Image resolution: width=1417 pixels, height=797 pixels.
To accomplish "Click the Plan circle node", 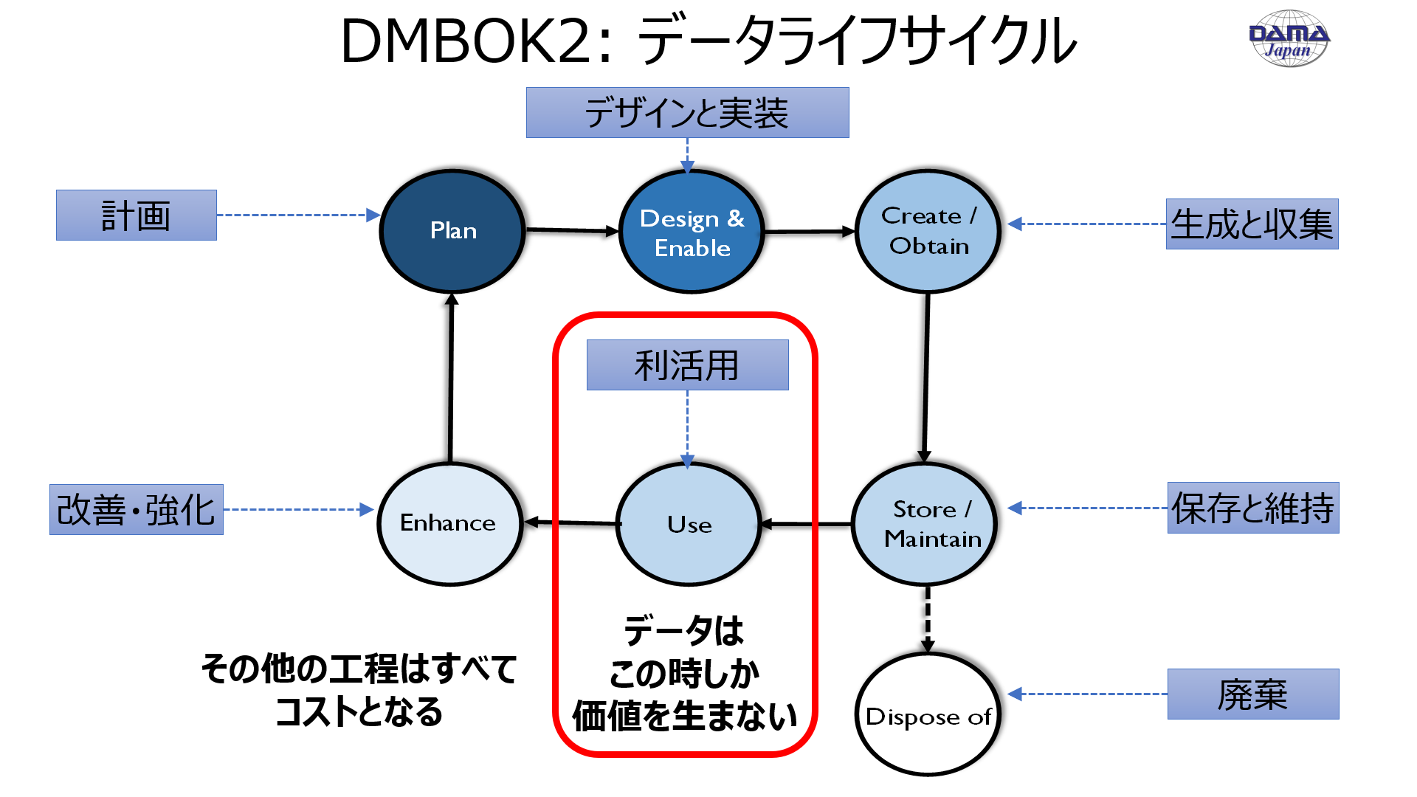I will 452,231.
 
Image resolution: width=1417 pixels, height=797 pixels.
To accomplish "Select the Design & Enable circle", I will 692,232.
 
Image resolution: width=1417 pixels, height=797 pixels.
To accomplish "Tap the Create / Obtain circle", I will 928,231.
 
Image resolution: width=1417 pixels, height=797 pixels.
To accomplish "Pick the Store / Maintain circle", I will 925,524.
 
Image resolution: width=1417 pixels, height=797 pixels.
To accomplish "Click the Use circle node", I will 689,524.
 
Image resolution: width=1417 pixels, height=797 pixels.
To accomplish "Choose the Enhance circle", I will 449,524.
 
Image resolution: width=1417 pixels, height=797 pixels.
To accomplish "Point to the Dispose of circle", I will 928,714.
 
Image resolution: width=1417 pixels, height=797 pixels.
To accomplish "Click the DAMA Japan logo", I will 1289,38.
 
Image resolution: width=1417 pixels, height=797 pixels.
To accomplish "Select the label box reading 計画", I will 137,215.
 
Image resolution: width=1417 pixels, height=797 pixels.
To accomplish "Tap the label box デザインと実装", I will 687,113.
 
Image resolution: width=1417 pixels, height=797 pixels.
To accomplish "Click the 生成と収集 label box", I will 1252,224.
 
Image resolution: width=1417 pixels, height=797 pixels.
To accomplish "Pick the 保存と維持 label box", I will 1252,508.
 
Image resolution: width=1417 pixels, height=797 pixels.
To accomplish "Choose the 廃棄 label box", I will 1252,694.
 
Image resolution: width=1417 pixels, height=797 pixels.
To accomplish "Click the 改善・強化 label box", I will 137,510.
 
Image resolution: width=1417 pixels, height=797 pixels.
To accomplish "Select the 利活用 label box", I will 687,365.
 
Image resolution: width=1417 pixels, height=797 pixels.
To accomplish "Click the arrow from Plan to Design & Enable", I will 572,231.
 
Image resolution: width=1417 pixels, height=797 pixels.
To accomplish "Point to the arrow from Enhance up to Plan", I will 451,376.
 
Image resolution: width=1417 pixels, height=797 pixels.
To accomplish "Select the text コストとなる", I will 359,712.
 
